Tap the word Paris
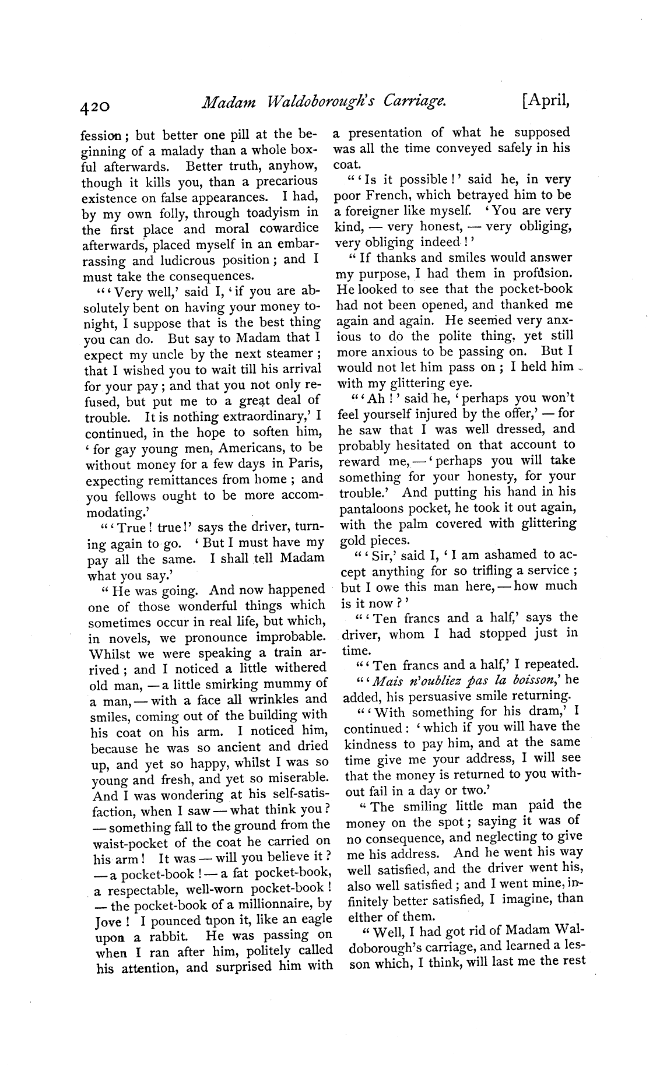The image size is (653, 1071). point(305,463)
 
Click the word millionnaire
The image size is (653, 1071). point(275,904)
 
